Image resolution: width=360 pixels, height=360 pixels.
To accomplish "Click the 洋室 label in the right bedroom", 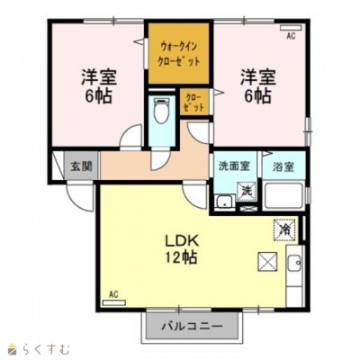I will click(x=256, y=76).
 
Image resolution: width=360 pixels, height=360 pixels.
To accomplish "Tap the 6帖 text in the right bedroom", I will click(x=257, y=96).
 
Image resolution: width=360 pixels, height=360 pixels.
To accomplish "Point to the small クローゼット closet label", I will click(x=193, y=102).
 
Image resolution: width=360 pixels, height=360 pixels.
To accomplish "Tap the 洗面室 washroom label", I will click(x=235, y=166).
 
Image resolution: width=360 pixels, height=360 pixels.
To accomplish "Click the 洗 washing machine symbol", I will click(x=246, y=190).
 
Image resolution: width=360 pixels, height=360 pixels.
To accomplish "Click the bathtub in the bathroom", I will click(x=283, y=196).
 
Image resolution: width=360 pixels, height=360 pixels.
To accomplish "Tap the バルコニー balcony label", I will click(x=193, y=327).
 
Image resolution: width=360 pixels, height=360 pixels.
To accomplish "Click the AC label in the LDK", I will click(x=113, y=294).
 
